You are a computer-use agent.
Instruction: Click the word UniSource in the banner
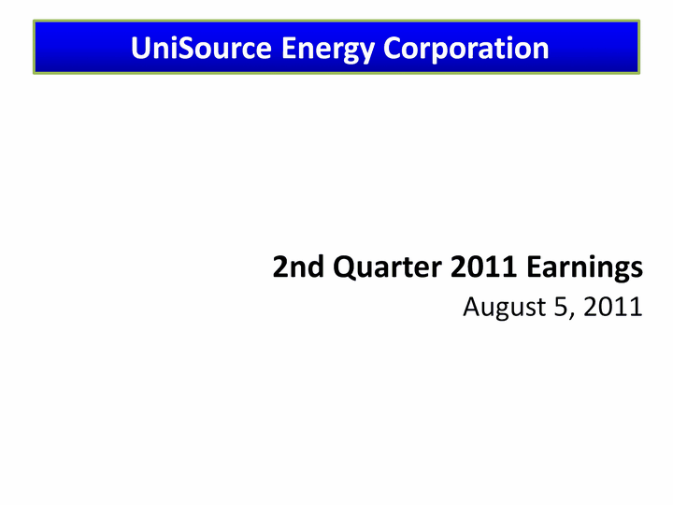pos(201,48)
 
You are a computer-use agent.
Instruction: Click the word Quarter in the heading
pos(387,267)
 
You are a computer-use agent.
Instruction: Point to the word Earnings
pos(584,268)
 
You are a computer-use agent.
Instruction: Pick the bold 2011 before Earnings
pos(483,267)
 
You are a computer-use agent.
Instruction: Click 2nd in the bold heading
pos(298,267)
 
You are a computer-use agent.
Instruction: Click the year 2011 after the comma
pos(613,307)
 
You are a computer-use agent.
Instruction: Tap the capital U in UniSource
pos(141,48)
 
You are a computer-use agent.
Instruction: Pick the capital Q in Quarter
pos(346,268)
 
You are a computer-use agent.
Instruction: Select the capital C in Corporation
pos(393,48)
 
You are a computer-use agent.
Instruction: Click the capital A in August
pos(473,307)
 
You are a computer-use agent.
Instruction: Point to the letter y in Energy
pos(366,53)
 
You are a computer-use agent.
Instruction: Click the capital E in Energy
pos(289,48)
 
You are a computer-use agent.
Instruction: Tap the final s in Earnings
pos(637,269)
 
